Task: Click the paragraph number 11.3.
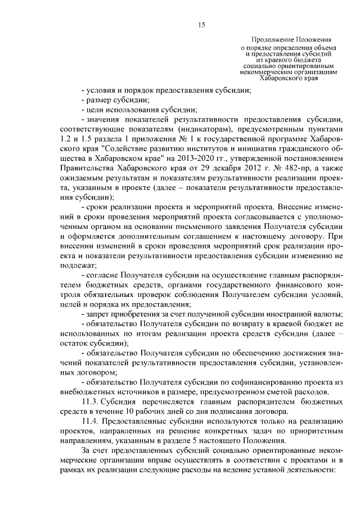click(91, 403)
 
